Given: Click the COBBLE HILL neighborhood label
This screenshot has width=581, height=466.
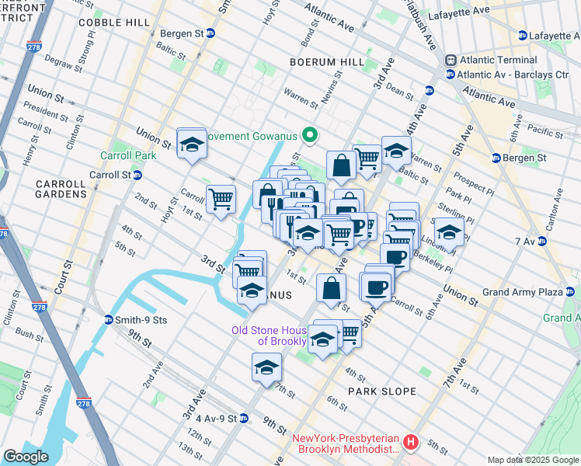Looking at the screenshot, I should (114, 23).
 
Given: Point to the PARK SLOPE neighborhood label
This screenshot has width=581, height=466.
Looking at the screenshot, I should (382, 391).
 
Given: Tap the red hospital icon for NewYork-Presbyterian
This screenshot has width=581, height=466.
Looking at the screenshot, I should (411, 443).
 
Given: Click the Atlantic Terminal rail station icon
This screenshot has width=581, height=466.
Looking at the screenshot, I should (450, 61).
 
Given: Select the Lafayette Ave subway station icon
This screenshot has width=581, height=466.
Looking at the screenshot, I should (523, 36).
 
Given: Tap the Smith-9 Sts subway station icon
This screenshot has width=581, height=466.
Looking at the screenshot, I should (109, 319).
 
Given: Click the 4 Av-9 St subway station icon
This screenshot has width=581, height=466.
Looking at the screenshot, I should (243, 419).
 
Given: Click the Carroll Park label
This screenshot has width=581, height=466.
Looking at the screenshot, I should (128, 155).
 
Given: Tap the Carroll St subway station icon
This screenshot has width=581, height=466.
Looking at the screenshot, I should (137, 175).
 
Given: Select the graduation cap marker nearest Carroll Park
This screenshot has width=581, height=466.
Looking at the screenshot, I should (191, 144).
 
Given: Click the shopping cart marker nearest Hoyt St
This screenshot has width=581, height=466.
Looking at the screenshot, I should (221, 199).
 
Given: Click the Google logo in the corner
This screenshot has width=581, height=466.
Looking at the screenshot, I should (26, 457).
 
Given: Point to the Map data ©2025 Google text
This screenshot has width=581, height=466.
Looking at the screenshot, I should (531, 460).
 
